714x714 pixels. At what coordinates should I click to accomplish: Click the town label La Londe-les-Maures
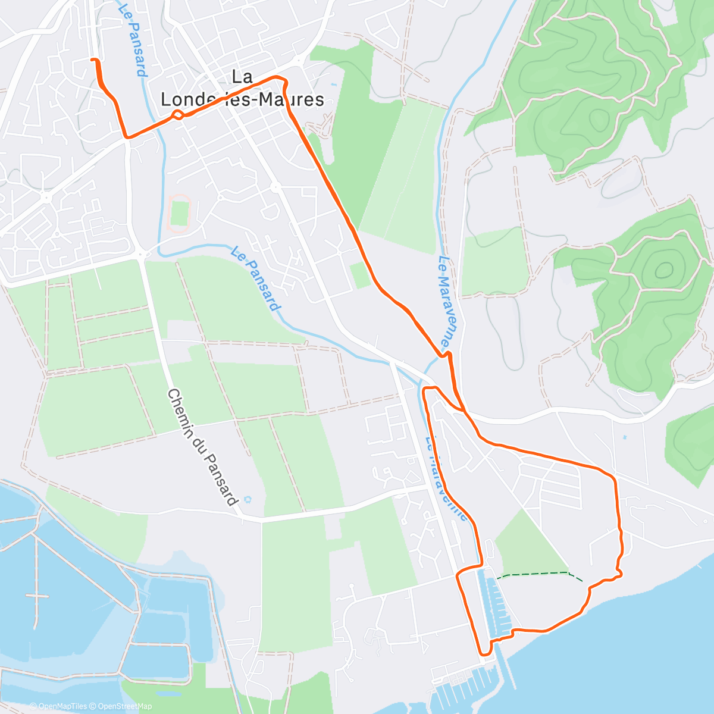tap(243, 88)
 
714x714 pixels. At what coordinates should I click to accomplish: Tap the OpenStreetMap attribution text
tap(125, 706)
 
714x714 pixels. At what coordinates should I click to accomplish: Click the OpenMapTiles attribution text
tap(62, 706)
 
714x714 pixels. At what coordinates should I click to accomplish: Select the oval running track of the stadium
tap(179, 212)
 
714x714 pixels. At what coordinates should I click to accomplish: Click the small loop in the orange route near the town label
tap(177, 115)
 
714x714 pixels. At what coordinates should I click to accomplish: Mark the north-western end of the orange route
tap(92, 59)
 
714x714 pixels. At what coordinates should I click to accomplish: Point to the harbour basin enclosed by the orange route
tap(497, 601)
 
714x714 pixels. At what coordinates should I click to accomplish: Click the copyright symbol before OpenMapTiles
tap(33, 706)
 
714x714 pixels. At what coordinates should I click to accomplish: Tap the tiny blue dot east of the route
tap(624, 437)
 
